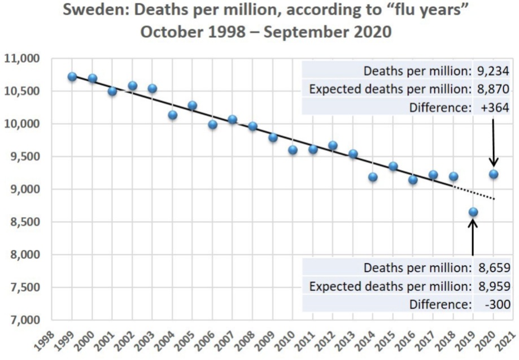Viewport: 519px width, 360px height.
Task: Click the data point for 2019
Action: click(473, 212)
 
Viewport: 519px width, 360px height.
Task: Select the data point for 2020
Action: click(493, 174)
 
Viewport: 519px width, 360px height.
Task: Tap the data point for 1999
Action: click(72, 76)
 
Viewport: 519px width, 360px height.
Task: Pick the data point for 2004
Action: click(173, 115)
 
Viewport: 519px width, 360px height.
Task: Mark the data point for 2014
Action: click(373, 177)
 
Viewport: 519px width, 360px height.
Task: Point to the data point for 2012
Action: click(333, 145)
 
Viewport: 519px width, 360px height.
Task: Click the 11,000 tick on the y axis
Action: click(22, 59)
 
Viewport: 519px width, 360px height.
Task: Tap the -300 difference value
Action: click(496, 304)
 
